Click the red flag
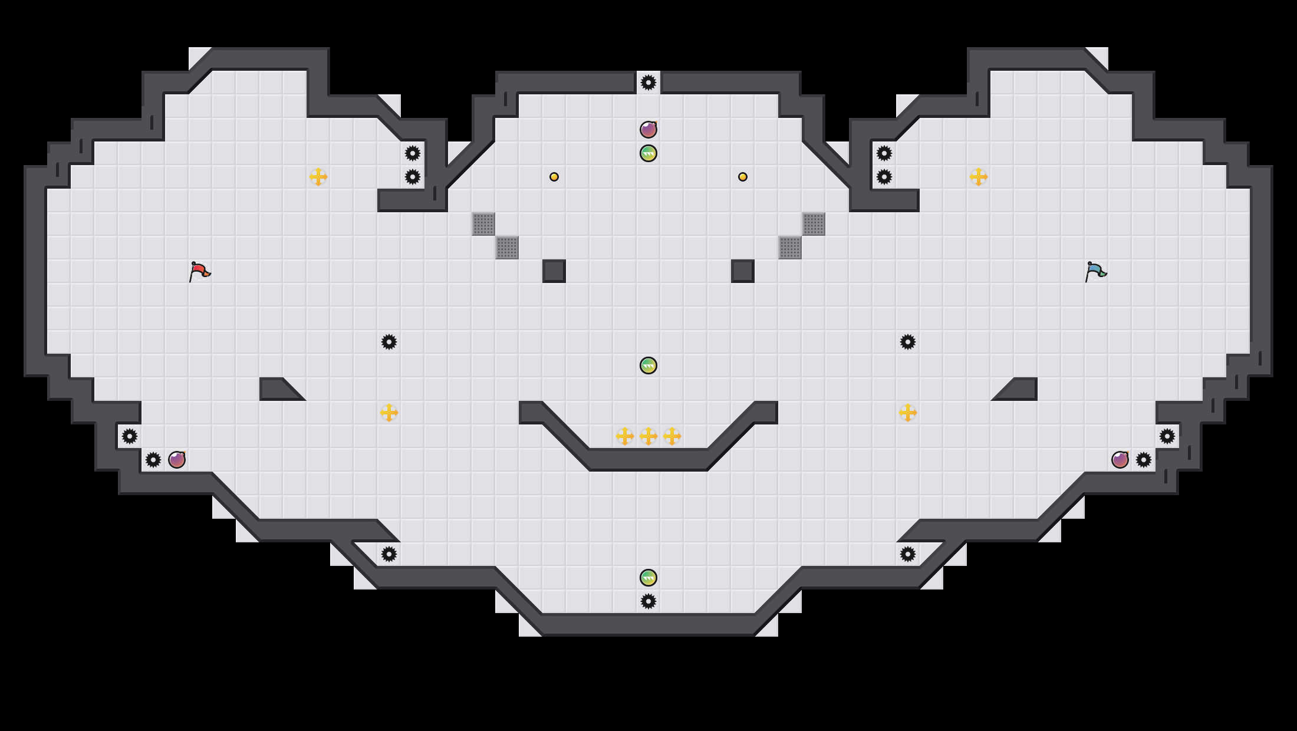(199, 271)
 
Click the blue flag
(1095, 271)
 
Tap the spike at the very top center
(648, 83)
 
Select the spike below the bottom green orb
(648, 601)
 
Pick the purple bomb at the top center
(648, 130)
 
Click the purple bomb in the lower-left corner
(177, 460)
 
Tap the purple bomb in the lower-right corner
(1120, 460)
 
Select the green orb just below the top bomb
(648, 153)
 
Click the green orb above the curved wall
(648, 365)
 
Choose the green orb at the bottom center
(648, 578)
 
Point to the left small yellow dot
(554, 177)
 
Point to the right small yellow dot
(743, 177)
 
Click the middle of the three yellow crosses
(648, 436)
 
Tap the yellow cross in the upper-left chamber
(318, 177)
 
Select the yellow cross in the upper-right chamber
(979, 177)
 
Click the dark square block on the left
(554, 271)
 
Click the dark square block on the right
(743, 271)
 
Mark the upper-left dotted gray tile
(483, 224)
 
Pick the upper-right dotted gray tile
(814, 224)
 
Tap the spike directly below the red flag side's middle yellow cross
(389, 554)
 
